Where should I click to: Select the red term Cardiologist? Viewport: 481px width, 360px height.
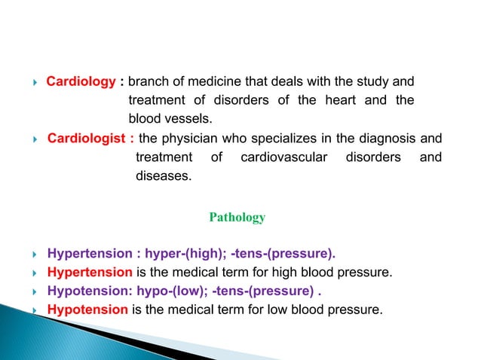87,139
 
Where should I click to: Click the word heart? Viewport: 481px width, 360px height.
329,100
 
